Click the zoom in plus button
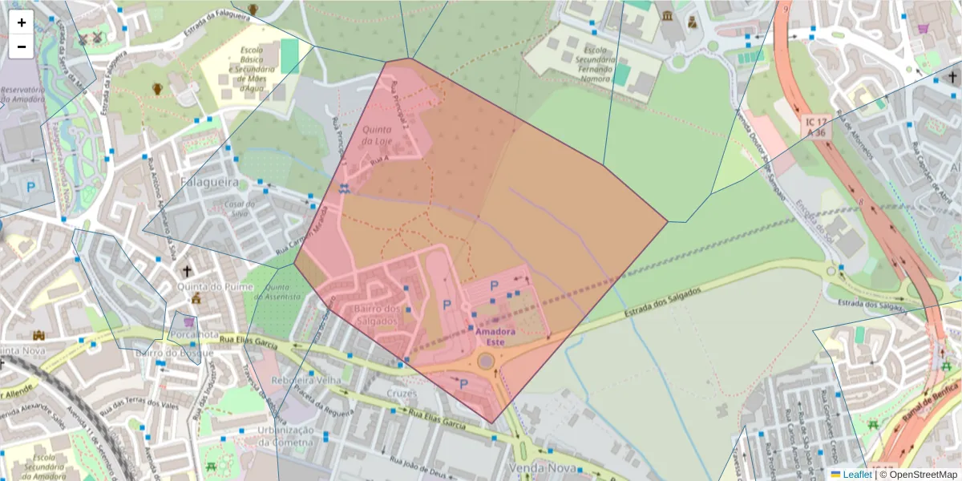pyautogui.click(x=22, y=22)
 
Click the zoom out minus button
pyautogui.click(x=22, y=46)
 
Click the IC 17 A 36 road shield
pyautogui.click(x=817, y=126)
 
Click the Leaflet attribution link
pyautogui.click(x=856, y=474)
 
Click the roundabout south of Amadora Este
pyautogui.click(x=487, y=361)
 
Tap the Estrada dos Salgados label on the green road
pyautogui.click(x=662, y=302)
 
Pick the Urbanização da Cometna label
pyautogui.click(x=285, y=435)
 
